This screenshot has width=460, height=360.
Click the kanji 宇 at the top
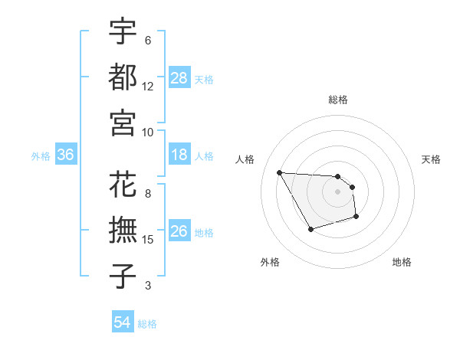coord(123,32)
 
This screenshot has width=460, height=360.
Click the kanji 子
coord(123,276)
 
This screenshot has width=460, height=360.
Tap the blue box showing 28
coord(179,78)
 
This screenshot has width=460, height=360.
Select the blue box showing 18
coord(179,155)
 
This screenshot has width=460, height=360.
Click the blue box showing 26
coord(179,232)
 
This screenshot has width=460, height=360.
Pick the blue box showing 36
coord(66,155)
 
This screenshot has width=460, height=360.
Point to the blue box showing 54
coord(123,322)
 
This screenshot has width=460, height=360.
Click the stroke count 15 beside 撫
coord(148,241)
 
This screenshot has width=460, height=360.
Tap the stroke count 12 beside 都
coord(148,87)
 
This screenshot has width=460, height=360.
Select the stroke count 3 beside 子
coord(148,286)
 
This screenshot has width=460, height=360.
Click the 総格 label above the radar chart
coord(338,100)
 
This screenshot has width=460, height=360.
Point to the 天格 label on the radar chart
coord(431,159)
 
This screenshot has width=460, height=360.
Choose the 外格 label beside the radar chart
coord(269,262)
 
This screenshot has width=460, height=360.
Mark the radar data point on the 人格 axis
coord(279,172)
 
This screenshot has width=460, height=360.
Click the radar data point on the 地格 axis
coord(357,218)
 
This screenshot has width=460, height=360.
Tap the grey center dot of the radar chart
coord(338,191)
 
